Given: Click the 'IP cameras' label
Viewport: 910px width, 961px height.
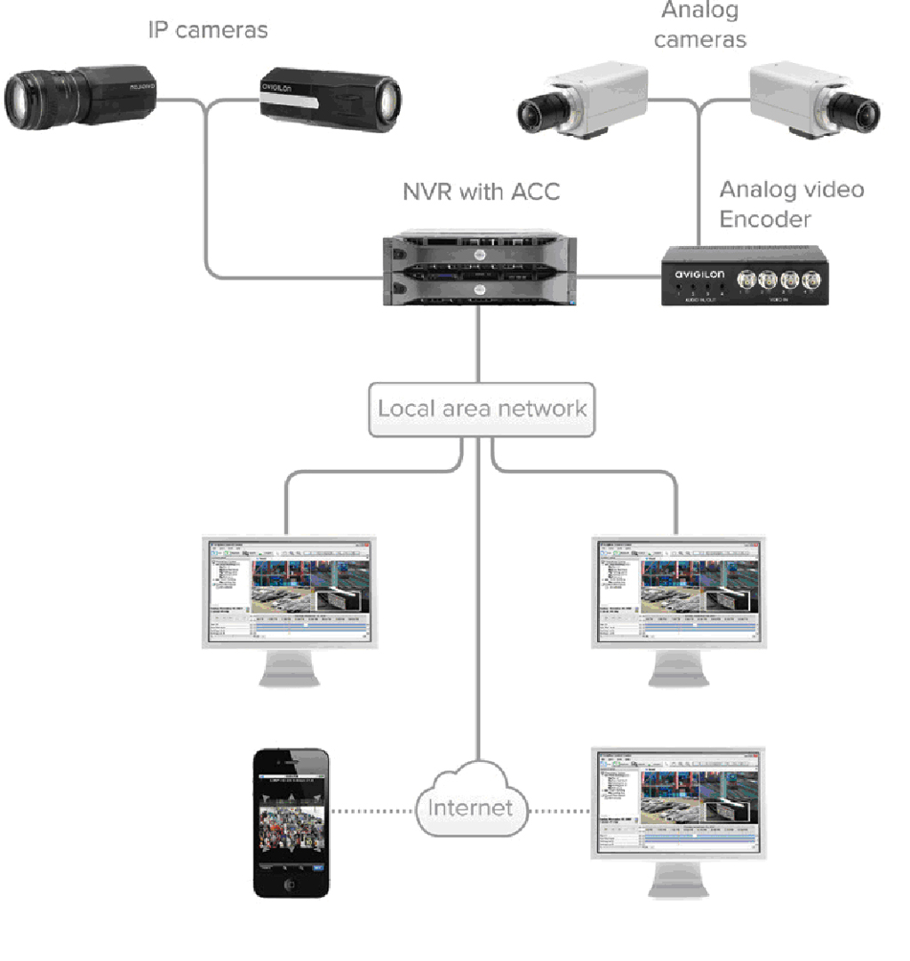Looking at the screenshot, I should [x=207, y=29].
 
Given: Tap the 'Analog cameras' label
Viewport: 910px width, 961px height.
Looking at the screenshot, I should [x=700, y=25].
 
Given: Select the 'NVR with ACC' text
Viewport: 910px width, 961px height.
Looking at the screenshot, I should [x=482, y=191].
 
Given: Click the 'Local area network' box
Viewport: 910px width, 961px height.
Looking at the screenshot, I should [x=482, y=409].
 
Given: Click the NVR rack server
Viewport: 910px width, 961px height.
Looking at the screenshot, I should [x=481, y=268].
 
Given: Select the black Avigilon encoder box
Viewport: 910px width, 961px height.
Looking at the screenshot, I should [x=745, y=275].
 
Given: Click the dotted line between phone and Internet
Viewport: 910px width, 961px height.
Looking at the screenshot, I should [x=372, y=809].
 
